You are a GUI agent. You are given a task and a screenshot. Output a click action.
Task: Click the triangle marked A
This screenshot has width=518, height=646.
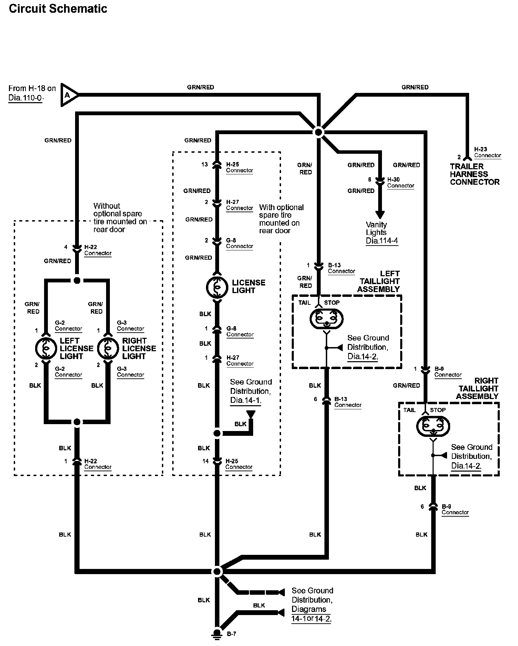coord(68,95)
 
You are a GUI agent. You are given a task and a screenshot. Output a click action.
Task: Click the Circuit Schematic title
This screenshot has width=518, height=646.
coord(58,9)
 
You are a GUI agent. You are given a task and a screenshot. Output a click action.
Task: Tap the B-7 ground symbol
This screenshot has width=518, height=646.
coord(217,634)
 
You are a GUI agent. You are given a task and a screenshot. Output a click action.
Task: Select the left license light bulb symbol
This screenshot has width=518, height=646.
coord(45,348)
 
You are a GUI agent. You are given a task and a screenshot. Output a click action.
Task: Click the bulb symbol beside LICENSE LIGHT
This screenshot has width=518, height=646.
coord(217,287)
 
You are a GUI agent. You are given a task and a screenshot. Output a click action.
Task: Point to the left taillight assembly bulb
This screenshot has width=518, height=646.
coord(327,319)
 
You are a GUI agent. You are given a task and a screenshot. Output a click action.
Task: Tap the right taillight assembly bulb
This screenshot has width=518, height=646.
coord(433,426)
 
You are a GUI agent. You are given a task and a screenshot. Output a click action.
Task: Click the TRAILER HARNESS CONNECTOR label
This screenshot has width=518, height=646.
coord(474,174)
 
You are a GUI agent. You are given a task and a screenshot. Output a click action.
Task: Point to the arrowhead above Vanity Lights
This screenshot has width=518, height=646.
coord(380,215)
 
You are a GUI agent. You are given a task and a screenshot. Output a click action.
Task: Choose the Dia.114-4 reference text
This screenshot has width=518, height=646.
coord(382,241)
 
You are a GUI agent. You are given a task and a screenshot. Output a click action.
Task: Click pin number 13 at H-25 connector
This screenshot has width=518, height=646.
coord(205,164)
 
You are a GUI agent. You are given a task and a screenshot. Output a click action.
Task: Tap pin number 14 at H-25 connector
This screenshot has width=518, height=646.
coord(205,461)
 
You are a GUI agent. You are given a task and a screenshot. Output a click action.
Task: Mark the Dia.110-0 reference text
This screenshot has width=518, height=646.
coord(25,98)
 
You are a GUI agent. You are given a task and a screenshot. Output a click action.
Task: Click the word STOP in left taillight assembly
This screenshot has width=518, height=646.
coord(332,303)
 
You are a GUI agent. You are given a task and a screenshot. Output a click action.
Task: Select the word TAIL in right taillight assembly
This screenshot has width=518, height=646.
coord(409,410)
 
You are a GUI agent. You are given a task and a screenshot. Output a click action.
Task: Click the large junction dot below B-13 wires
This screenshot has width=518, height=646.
coord(217,571)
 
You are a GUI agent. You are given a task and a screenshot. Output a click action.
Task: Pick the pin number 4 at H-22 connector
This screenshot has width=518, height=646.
coord(66,247)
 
